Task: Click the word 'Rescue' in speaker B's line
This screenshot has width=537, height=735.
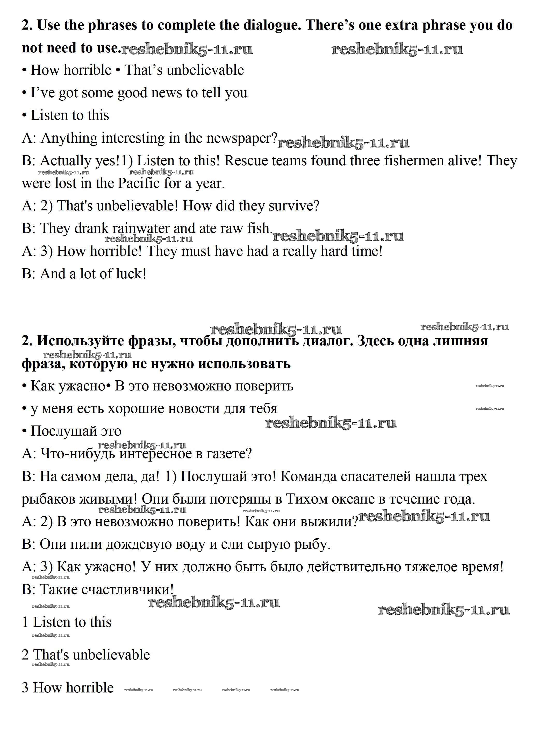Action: [246, 161]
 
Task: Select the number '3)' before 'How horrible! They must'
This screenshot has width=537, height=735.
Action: [46, 251]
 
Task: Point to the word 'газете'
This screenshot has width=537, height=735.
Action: [229, 454]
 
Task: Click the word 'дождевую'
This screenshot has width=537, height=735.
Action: [138, 544]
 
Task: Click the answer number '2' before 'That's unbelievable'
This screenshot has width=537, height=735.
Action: [25, 655]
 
